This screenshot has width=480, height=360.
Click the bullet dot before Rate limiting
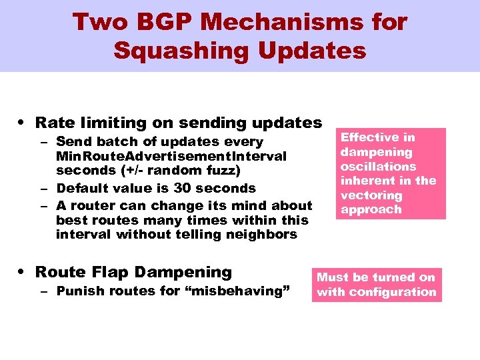tap(23, 123)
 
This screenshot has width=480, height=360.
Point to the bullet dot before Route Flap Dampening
tap(23, 273)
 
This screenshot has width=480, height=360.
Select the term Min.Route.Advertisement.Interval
tap(171, 156)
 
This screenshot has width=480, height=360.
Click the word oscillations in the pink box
tap(378, 167)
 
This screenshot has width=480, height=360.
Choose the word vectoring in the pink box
tap(371, 195)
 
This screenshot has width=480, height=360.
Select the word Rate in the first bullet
tap(53, 123)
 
